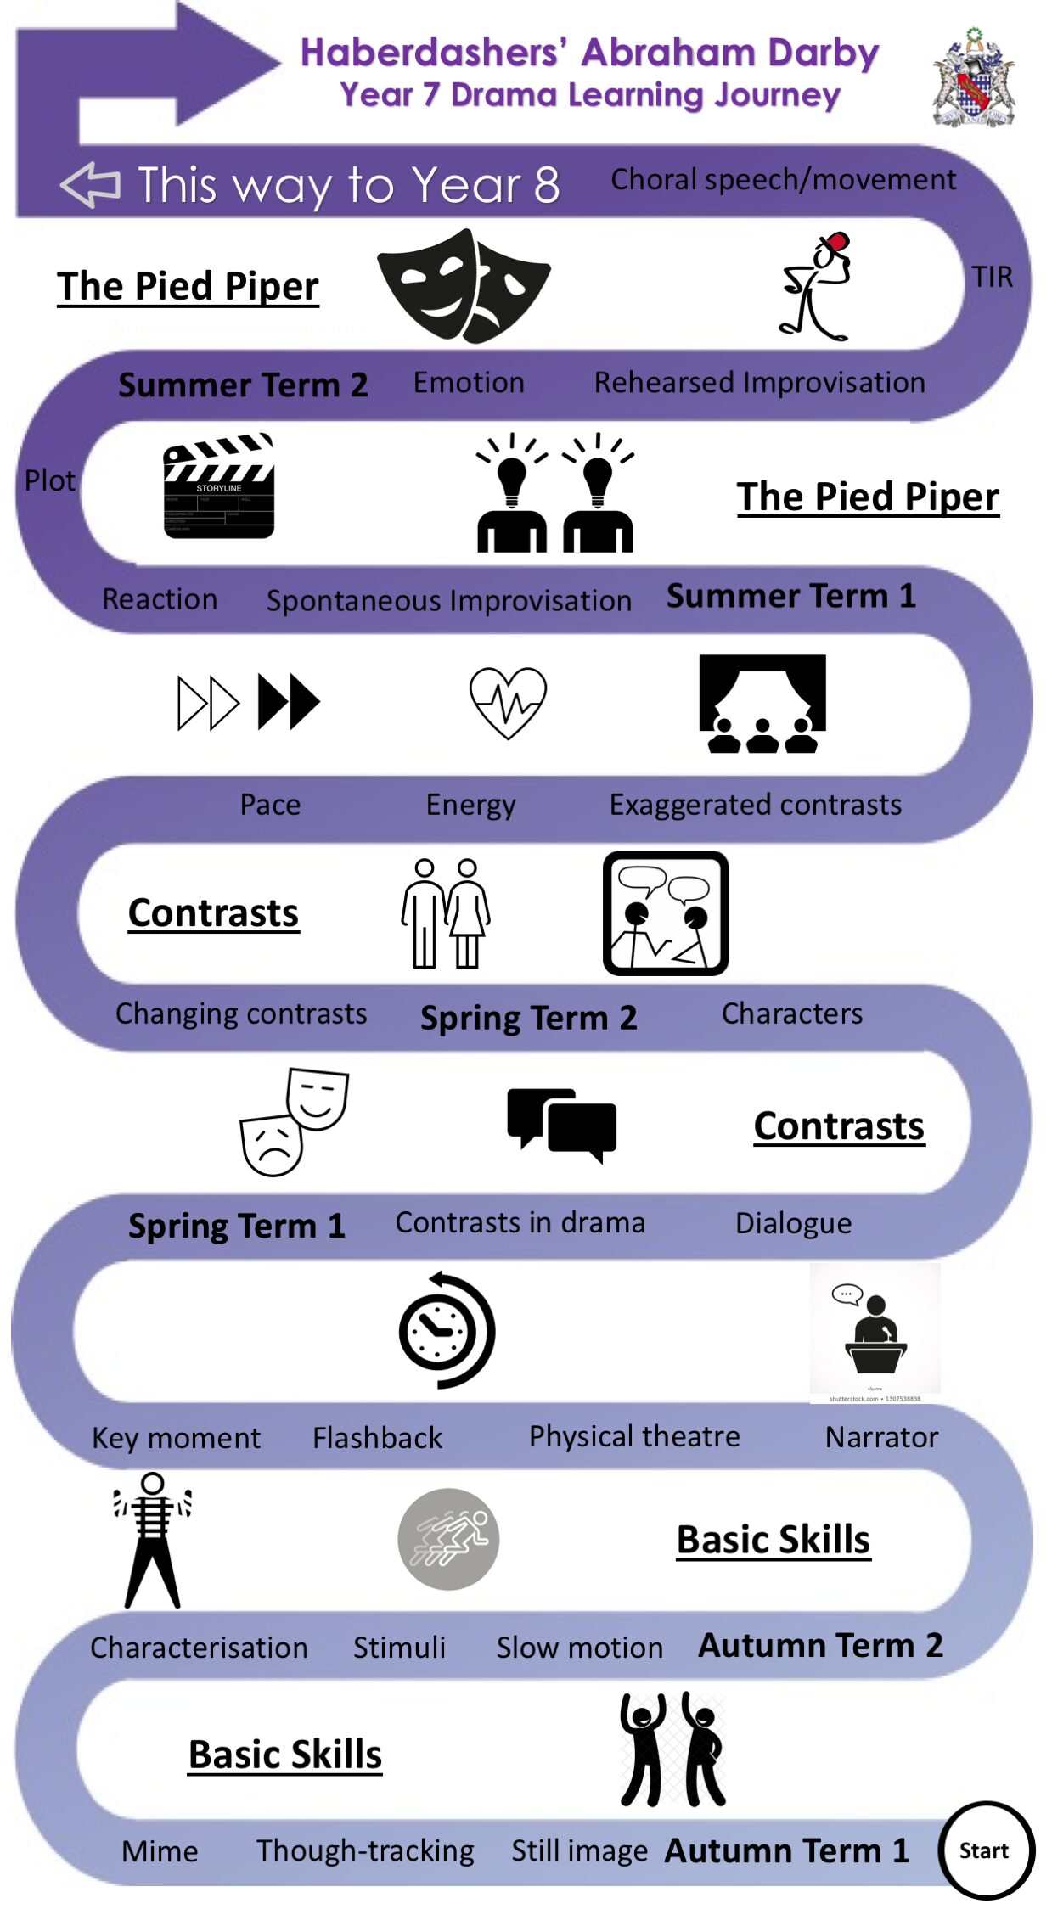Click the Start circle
click(x=985, y=1850)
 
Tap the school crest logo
click(x=973, y=79)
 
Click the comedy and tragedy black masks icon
click(x=464, y=285)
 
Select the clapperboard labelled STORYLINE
click(x=219, y=486)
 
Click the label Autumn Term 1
click(x=786, y=1850)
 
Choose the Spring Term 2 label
click(x=528, y=1017)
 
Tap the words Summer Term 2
click(x=243, y=385)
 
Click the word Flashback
click(x=377, y=1437)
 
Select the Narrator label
click(x=881, y=1436)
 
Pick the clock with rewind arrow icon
click(x=447, y=1330)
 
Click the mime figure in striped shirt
click(x=153, y=1540)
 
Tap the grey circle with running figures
click(x=448, y=1539)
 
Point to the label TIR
click(x=992, y=277)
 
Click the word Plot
click(x=50, y=480)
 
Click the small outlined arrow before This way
click(x=90, y=184)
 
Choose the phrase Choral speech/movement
click(x=783, y=179)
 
